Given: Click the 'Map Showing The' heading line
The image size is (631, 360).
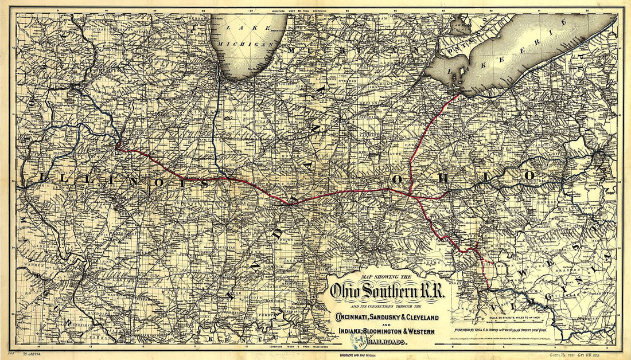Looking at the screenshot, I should (x=379, y=278).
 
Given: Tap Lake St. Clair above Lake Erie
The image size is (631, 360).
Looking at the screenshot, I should (x=459, y=26).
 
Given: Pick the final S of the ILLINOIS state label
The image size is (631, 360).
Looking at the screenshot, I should (x=205, y=183).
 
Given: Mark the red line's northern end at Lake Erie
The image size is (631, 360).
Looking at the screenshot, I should (x=459, y=95).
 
